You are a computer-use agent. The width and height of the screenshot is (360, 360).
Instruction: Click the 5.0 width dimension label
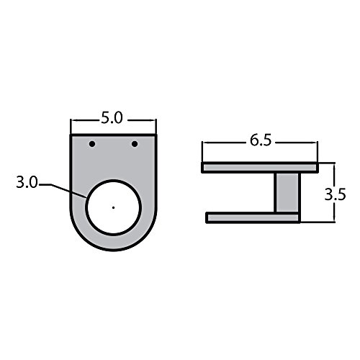point(112,118)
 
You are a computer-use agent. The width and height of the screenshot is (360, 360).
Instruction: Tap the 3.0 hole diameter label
point(27,182)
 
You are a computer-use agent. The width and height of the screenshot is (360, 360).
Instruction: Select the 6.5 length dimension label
point(261,140)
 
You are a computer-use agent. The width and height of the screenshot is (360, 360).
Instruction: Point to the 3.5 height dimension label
point(336,194)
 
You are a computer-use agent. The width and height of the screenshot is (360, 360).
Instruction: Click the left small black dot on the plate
point(92,144)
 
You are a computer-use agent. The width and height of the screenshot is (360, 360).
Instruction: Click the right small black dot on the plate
point(135,144)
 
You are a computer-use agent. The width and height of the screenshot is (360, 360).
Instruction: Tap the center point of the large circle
point(113,207)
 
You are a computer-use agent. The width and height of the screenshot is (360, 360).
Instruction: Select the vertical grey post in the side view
point(287,192)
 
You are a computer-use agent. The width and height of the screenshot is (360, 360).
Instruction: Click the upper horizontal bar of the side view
point(260,167)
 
